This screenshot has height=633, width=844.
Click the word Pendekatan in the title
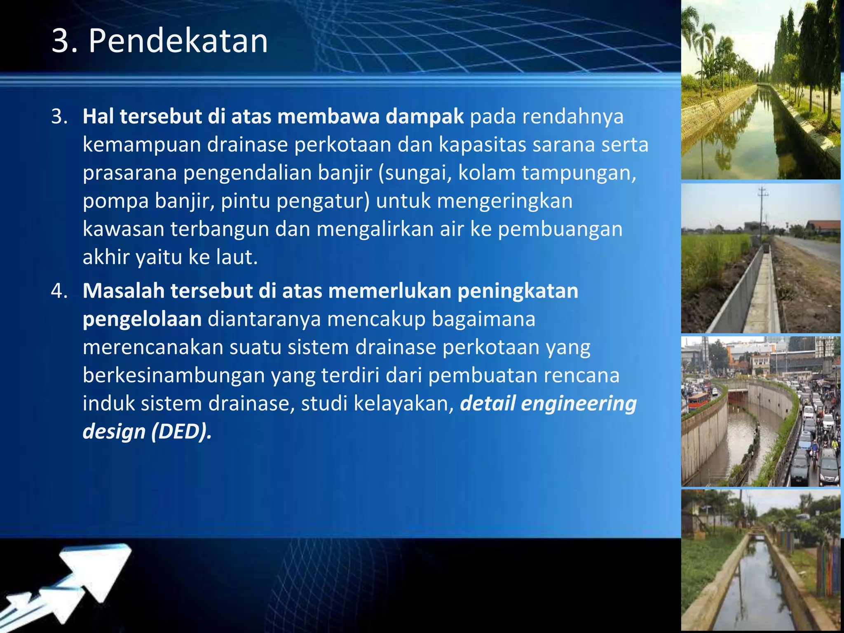pyautogui.click(x=178, y=41)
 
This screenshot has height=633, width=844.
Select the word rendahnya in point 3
pyautogui.click(x=573, y=117)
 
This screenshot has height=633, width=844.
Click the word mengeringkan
pyautogui.click(x=504, y=201)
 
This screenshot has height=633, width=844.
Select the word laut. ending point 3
pyautogui.click(x=237, y=257)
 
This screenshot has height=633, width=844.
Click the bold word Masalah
pyautogui.click(x=124, y=291)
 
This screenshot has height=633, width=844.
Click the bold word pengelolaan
pyautogui.click(x=142, y=319)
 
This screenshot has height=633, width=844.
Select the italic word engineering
pyautogui.click(x=579, y=403)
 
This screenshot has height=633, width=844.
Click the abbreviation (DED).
pyautogui.click(x=182, y=431)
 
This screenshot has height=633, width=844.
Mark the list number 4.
pyautogui.click(x=59, y=291)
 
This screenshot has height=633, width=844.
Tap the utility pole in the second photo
pyautogui.click(x=762, y=214)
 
